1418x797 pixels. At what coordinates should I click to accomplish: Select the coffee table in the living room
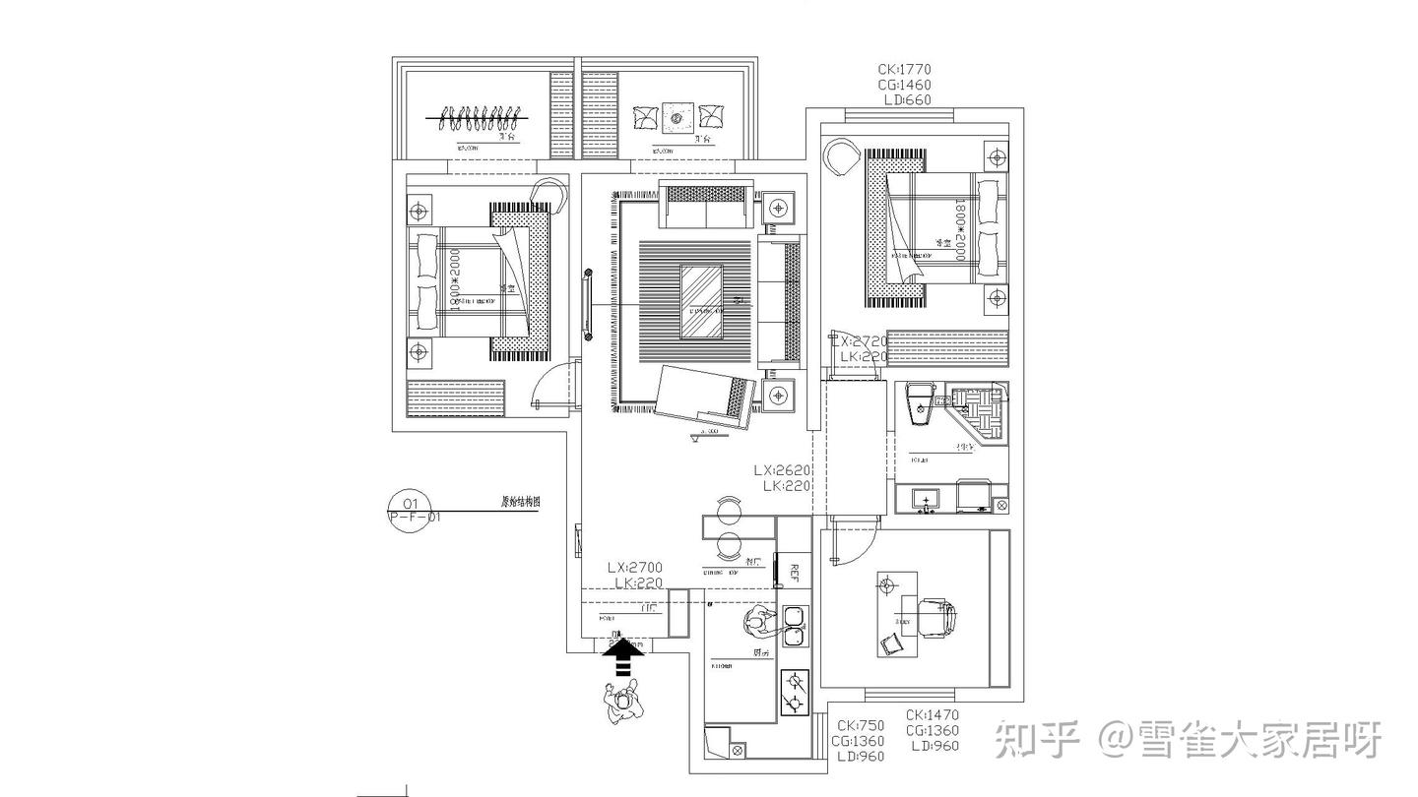[702, 301]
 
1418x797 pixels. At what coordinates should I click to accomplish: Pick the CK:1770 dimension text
[904, 70]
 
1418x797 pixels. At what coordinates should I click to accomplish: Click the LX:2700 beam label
[634, 568]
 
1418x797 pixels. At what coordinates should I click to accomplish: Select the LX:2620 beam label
[782, 470]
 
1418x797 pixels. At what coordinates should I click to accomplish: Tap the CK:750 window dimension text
[858, 726]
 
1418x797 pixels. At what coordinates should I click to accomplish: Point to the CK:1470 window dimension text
[932, 715]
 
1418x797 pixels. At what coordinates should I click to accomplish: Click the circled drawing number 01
[411, 504]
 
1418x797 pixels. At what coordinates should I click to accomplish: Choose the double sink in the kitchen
[796, 626]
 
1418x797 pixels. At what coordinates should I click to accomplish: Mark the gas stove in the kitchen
[794, 691]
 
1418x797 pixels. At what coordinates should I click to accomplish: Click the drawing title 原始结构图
[521, 502]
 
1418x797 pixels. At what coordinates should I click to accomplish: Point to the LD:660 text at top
[906, 99]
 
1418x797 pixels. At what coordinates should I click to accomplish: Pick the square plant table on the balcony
[677, 119]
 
